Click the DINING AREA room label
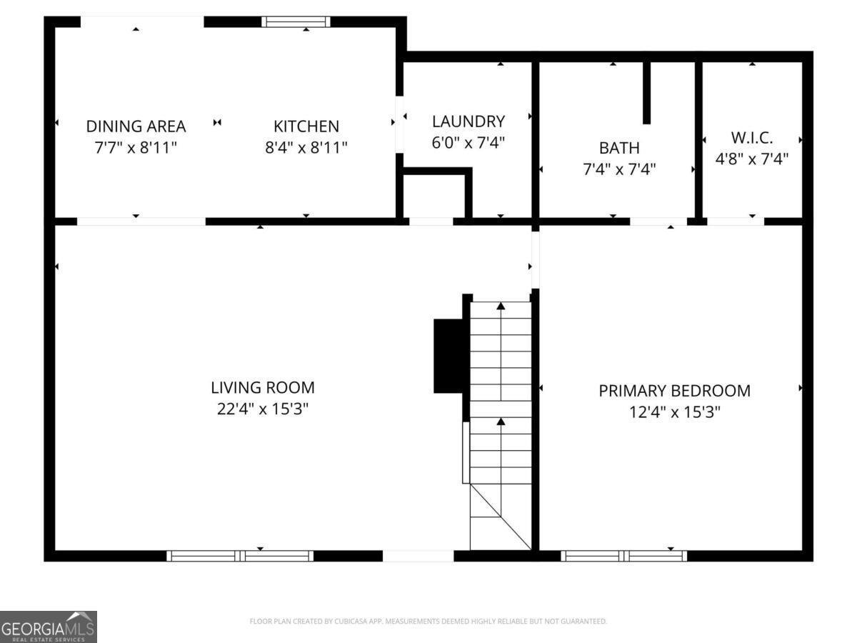136,126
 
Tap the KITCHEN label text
306,126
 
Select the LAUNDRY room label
468,121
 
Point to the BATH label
619,148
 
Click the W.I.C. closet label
751,138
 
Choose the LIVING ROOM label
263,388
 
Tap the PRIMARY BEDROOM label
674,391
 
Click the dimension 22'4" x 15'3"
263,409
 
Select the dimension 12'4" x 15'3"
674,412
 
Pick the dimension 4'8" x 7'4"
751,159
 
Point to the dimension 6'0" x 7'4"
468,142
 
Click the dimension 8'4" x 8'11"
306,148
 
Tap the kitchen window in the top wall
296,22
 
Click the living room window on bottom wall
240,556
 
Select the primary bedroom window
623,556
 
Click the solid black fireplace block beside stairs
448,356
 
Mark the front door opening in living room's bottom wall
419,556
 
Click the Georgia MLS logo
49,627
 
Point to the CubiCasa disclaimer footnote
428,621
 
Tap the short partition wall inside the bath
646,93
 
